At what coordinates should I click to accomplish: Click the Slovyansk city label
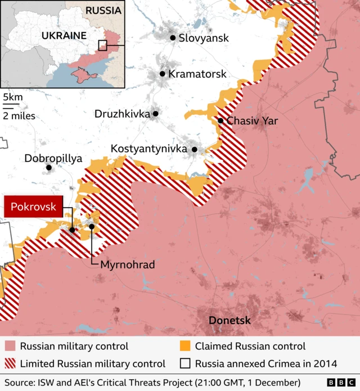pyautogui.click(x=204, y=38)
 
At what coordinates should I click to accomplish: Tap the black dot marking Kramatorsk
pyautogui.click(x=163, y=74)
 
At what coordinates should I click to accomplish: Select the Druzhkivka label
pyautogui.click(x=122, y=114)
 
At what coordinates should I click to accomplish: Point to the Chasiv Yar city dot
pyautogui.click(x=220, y=120)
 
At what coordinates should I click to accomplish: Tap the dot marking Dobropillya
pyautogui.click(x=49, y=167)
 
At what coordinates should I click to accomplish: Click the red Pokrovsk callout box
pyautogui.click(x=33, y=206)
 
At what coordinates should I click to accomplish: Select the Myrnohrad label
pyautogui.click(x=127, y=264)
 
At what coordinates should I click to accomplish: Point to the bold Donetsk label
pyautogui.click(x=229, y=321)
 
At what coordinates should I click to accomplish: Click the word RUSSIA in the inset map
pyautogui.click(x=102, y=10)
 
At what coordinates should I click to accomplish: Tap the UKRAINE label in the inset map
pyautogui.click(x=64, y=35)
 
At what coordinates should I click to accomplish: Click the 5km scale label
pyautogui.click(x=12, y=97)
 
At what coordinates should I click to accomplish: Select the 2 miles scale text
pyautogui.click(x=19, y=116)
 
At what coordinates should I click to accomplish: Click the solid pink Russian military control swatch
pyautogui.click(x=10, y=346)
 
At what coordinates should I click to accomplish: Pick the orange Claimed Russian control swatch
pyautogui.click(x=183, y=346)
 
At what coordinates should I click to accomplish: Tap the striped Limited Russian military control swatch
pyautogui.click(x=10, y=363)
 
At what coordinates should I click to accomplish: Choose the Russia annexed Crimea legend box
pyautogui.click(x=183, y=363)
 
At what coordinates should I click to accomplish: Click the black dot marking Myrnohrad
pyautogui.click(x=92, y=227)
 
